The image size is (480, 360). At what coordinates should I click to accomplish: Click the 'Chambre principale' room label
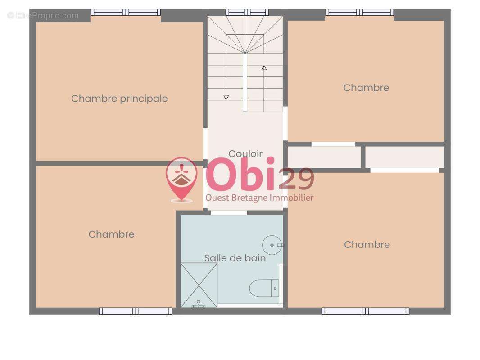(x=119, y=99)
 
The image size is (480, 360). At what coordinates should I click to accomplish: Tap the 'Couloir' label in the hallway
(x=245, y=153)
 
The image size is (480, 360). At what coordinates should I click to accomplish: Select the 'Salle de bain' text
(x=235, y=258)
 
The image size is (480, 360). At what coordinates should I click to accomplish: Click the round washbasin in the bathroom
(x=272, y=245)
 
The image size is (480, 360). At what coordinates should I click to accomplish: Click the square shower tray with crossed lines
(x=199, y=285)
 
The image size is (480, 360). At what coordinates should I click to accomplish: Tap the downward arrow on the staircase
(x=226, y=97)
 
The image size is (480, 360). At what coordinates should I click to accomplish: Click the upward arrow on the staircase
(x=264, y=68)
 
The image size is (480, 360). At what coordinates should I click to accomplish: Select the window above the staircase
(x=247, y=12)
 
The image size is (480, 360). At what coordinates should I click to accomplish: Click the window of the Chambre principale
(x=126, y=12)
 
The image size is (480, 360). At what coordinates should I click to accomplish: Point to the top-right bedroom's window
(x=360, y=12)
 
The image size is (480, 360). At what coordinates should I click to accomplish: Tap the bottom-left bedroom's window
(x=136, y=311)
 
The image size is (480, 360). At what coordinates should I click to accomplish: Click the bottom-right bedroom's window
(x=365, y=311)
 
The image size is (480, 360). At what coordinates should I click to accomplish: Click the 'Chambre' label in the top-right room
(x=366, y=88)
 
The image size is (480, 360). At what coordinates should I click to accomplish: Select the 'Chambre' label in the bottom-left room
(x=111, y=234)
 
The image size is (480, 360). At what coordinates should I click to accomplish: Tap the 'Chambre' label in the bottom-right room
(x=367, y=244)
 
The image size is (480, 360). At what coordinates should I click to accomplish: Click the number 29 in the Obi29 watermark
(x=296, y=179)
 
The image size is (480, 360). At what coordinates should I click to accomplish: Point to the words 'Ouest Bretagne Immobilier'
(x=259, y=198)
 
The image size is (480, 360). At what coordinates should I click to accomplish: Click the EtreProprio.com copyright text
(x=43, y=16)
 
